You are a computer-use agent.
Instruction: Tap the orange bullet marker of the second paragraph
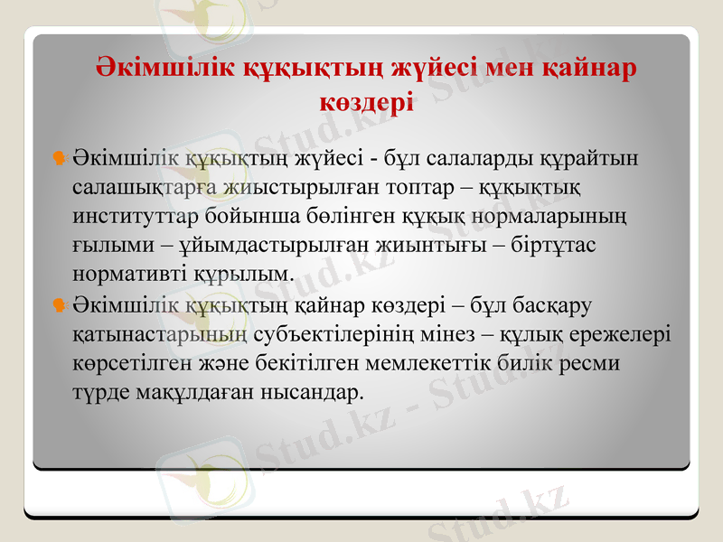coord(60,306)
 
